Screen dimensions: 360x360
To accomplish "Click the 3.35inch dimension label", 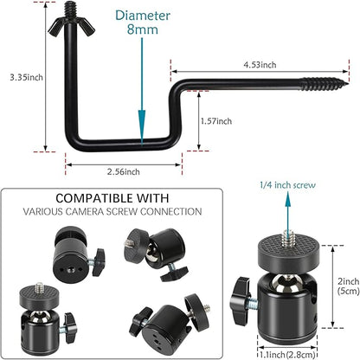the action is [26, 77].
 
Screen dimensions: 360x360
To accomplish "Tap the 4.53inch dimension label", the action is [260, 65].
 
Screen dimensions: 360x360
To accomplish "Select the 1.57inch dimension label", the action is [216, 121].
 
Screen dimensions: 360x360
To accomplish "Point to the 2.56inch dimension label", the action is [124, 171].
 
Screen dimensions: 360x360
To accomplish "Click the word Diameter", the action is [143, 16].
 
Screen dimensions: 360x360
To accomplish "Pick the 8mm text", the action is [143, 29].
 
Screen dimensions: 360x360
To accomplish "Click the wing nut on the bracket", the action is [71, 28].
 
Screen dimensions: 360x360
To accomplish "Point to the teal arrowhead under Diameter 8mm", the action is [142, 127].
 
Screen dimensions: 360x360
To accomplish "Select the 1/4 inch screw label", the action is [287, 185].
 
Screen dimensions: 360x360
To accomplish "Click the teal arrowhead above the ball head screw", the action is [287, 200].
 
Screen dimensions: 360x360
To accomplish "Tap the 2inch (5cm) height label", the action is [349, 286].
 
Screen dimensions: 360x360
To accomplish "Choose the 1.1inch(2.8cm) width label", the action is [287, 355].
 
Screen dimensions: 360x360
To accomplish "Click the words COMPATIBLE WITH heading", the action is [112, 198].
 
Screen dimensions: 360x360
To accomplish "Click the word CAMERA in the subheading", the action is [84, 211].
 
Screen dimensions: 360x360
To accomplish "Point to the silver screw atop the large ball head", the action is [287, 238].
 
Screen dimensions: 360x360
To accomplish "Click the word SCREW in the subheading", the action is [122, 211].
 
